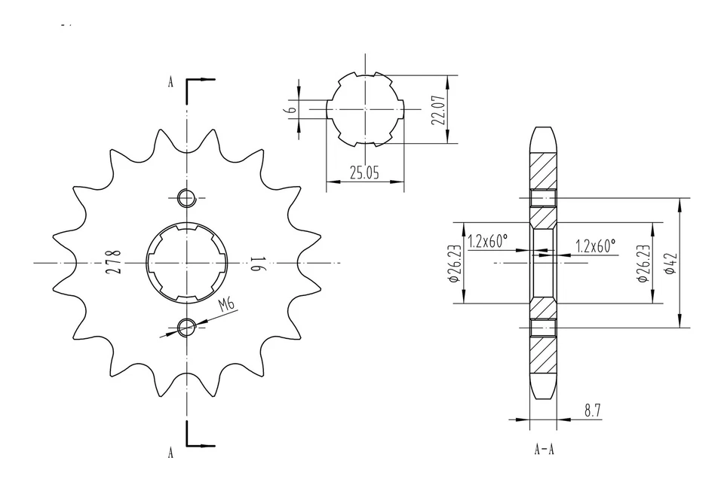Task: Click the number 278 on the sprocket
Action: [114, 262]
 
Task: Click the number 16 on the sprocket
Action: [256, 263]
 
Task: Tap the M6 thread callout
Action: [225, 305]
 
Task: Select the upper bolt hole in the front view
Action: [186, 198]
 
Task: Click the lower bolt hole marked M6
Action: [186, 326]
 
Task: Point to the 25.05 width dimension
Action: [364, 172]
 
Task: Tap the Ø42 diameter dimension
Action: [670, 264]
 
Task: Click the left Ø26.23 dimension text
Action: [453, 263]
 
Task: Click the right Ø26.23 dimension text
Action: [643, 263]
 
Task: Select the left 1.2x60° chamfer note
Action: [487, 243]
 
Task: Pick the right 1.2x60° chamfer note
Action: [596, 246]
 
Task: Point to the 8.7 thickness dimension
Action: [593, 410]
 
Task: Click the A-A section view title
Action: [545, 450]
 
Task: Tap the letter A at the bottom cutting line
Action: [170, 453]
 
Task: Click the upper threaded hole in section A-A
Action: [543, 198]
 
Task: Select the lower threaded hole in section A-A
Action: [543, 328]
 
